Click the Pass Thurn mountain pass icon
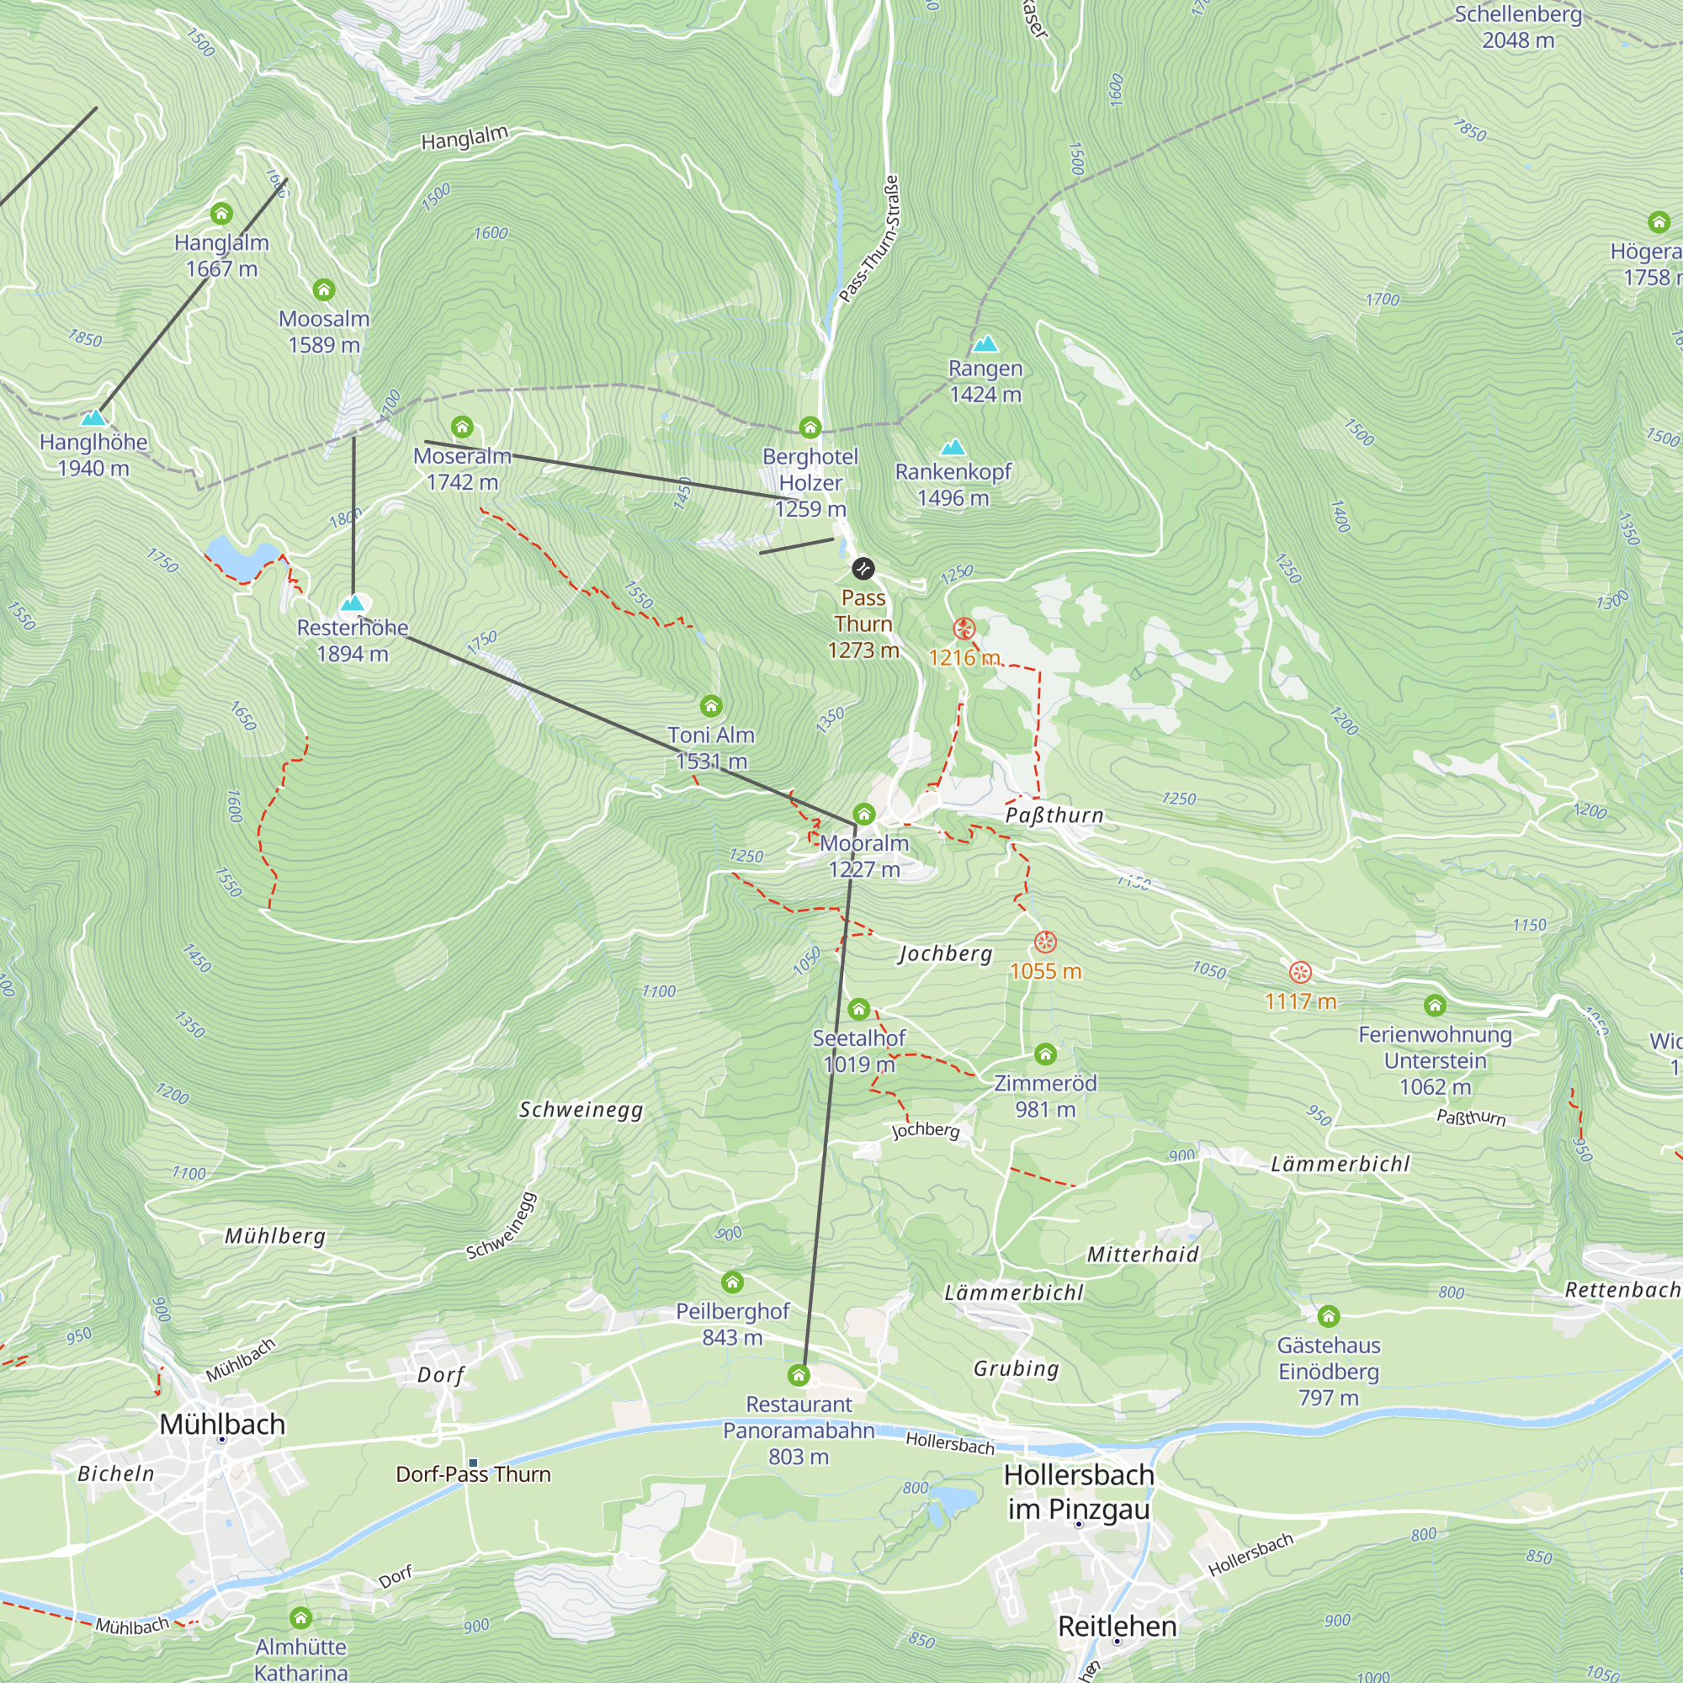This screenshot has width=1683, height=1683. click(863, 569)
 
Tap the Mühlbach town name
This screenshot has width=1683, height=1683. click(222, 1425)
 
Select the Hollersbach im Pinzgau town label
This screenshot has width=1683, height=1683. click(1079, 1491)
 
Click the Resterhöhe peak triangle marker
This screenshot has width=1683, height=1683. click(352, 603)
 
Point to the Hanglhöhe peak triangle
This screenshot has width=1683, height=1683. click(93, 417)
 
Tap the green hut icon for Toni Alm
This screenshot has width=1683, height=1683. click(711, 706)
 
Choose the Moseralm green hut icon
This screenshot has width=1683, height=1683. click(462, 427)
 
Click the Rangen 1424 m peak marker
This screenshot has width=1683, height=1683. click(985, 343)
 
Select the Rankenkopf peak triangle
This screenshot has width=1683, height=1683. click(953, 447)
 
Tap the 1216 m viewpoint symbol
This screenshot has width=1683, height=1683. click(964, 628)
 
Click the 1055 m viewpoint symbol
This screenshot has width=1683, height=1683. click(1045, 942)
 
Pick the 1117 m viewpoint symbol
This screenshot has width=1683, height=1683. click(1300, 972)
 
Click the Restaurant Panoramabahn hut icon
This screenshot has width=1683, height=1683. click(798, 1376)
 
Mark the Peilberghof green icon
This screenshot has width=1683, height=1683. click(733, 1282)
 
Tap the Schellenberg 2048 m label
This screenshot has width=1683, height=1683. click(1517, 27)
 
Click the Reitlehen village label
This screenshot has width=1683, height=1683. click(1117, 1626)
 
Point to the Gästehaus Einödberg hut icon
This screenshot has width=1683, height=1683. click(1328, 1315)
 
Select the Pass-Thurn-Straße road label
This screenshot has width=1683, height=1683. click(868, 239)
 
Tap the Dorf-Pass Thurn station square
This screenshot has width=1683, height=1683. click(473, 1463)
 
